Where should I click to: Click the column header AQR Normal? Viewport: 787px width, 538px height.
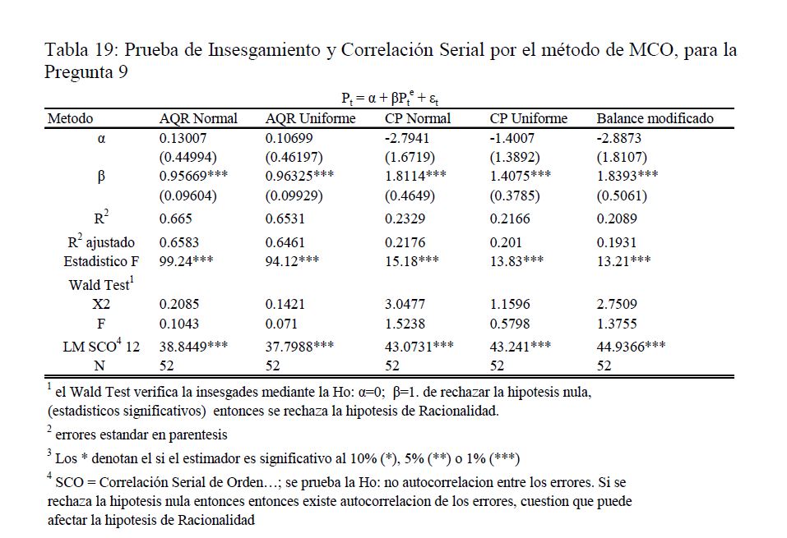coord(197,118)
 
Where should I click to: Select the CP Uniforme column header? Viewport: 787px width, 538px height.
coord(528,118)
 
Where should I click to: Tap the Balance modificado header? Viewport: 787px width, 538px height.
coord(655,118)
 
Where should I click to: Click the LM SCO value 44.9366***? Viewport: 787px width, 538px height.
coord(631,347)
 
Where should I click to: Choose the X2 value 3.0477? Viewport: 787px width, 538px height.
coord(405,304)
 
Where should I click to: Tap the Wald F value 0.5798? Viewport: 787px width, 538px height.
coord(510,324)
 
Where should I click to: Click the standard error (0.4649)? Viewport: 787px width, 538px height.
coord(410,196)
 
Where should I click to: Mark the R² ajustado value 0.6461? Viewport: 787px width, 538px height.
coord(285,242)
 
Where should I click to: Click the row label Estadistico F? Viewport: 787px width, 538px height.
coord(99,261)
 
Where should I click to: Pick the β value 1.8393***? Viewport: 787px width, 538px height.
coord(627,177)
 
